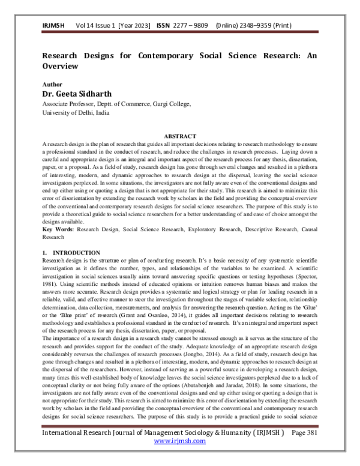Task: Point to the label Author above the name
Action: click(52, 85)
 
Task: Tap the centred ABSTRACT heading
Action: click(180, 137)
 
